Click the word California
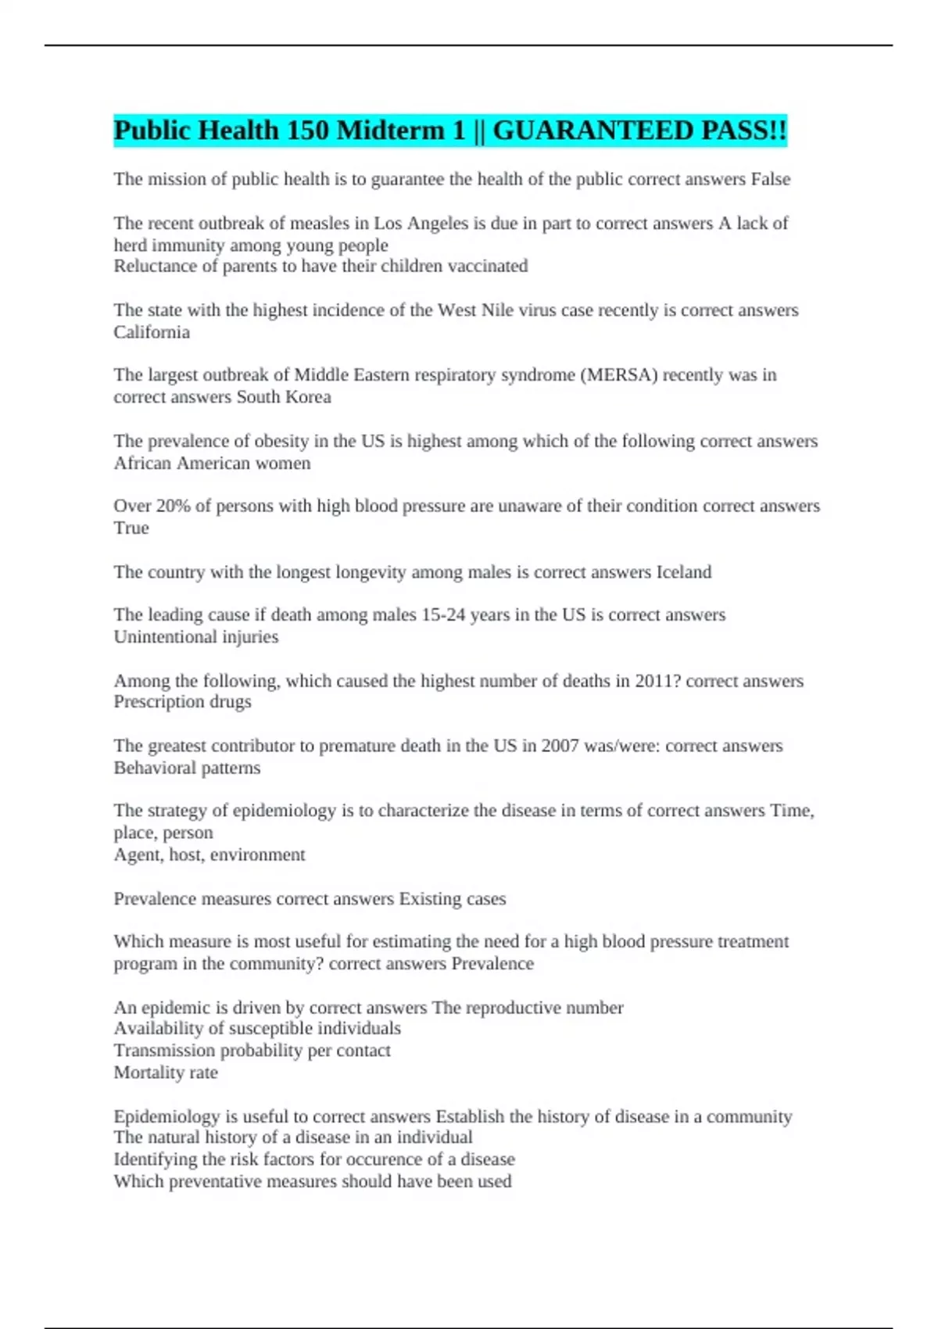point(152,332)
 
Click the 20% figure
point(173,506)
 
